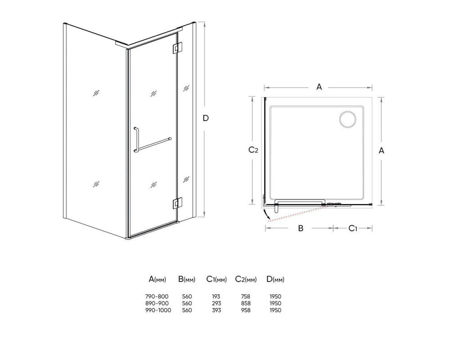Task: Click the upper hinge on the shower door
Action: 177,48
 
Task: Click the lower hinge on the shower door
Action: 177,203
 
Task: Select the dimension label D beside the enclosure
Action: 206,118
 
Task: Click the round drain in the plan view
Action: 348,119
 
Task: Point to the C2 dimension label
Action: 253,150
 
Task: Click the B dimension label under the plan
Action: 301,228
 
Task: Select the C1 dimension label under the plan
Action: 353,229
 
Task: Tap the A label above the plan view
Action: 319,87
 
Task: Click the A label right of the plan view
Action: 381,150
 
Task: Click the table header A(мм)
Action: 157,279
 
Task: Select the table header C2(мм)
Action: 246,279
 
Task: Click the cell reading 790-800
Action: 157,296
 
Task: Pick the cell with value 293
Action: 216,303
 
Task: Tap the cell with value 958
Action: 246,310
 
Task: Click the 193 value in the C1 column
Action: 216,296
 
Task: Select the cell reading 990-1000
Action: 158,310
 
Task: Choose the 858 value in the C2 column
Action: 246,303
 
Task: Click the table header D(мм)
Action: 275,279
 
